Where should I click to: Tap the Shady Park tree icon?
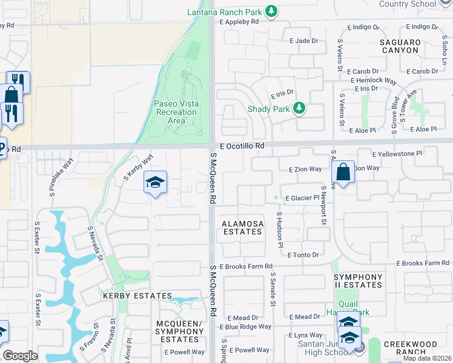coord(299,109)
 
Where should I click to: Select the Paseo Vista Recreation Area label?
coord(176,112)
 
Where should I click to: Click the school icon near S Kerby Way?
coord(155,183)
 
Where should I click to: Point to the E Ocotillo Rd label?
coord(242,146)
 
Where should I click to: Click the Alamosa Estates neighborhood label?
coord(243,227)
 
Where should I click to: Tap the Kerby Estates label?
coord(137,296)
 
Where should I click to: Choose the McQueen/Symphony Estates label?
coord(180,332)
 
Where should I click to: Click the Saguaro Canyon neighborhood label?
coord(400,46)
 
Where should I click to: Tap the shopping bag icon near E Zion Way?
coord(343,172)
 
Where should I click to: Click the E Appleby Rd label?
coord(239,21)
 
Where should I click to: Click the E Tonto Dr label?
coord(303,255)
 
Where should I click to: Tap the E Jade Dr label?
coord(304,41)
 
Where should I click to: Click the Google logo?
coord(20,356)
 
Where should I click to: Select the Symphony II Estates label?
coord(359,281)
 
